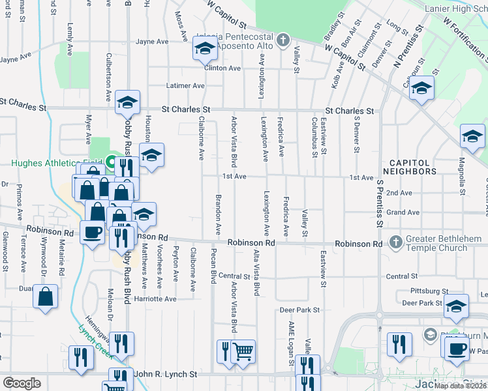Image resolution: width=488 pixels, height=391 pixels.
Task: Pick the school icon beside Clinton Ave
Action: [204, 49]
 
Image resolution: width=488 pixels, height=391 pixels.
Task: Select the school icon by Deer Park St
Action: [457, 306]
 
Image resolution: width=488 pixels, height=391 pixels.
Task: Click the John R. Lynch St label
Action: [165, 374]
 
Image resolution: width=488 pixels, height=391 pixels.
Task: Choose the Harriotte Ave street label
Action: [155, 299]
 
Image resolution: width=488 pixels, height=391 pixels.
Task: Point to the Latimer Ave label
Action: [185, 85]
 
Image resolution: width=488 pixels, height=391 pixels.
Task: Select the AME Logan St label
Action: [284, 340]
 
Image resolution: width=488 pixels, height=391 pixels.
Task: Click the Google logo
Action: [22, 383]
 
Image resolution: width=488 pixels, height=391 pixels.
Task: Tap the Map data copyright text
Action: [461, 386]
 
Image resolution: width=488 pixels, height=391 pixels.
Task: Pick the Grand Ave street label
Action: [403, 212]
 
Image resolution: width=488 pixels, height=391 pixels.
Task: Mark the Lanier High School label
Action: [455, 8]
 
